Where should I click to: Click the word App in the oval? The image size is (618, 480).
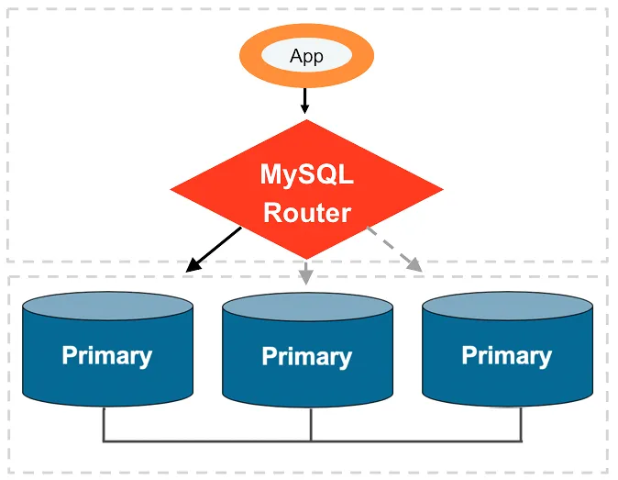[x=306, y=57]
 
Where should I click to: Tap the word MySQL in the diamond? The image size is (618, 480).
[x=306, y=174]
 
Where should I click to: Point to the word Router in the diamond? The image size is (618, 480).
[x=307, y=213]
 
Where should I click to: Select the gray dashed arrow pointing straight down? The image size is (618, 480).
[x=306, y=271]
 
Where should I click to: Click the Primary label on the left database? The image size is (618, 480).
[x=106, y=355]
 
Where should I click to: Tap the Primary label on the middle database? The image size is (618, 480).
[x=306, y=356]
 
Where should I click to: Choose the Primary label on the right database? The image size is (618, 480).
[x=506, y=355]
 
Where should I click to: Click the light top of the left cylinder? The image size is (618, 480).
[x=106, y=307]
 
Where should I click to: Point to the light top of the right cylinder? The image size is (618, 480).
[x=506, y=307]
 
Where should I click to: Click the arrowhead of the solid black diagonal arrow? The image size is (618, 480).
[x=191, y=267]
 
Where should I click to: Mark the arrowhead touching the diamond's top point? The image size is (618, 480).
[x=305, y=109]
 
